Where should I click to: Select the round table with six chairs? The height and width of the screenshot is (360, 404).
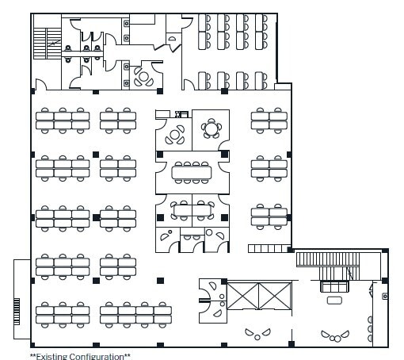pyautogui.click(x=212, y=128)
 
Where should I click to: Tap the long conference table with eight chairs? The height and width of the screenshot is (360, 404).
pyautogui.click(x=192, y=170)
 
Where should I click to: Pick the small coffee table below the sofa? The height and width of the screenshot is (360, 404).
pyautogui.click(x=334, y=300)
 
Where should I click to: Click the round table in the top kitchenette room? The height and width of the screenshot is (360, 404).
pyautogui.click(x=144, y=77)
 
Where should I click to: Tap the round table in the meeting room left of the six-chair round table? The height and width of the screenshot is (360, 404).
pyautogui.click(x=175, y=136)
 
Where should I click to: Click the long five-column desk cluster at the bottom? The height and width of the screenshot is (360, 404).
pyautogui.click(x=136, y=315)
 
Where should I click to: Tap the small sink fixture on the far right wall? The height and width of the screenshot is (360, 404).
pyautogui.click(x=384, y=295)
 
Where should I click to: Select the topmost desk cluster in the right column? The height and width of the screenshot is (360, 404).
pyautogui.click(x=269, y=120)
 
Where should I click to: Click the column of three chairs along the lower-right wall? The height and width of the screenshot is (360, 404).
pyautogui.click(x=370, y=327)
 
